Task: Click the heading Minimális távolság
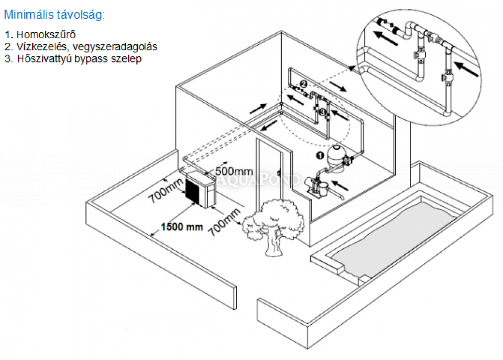(x=54, y=15)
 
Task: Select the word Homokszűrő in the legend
(x=46, y=35)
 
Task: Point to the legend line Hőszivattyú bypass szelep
(x=72, y=58)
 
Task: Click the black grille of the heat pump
(x=194, y=191)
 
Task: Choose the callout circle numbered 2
(x=303, y=83)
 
